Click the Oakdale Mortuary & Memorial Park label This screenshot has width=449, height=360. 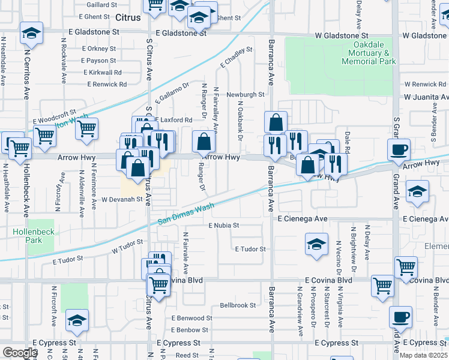(369, 53)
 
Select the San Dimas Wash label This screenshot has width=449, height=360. (186, 214)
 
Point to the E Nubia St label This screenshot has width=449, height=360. (224, 226)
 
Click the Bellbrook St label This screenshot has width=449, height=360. (238, 305)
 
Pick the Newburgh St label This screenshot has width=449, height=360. (245, 95)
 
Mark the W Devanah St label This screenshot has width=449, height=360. (125, 199)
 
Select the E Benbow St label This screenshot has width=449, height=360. (190, 330)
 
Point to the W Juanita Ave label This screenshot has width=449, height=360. (426, 97)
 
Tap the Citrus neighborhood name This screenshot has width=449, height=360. (127, 18)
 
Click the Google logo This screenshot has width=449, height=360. (20, 353)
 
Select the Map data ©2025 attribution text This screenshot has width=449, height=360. (424, 355)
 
